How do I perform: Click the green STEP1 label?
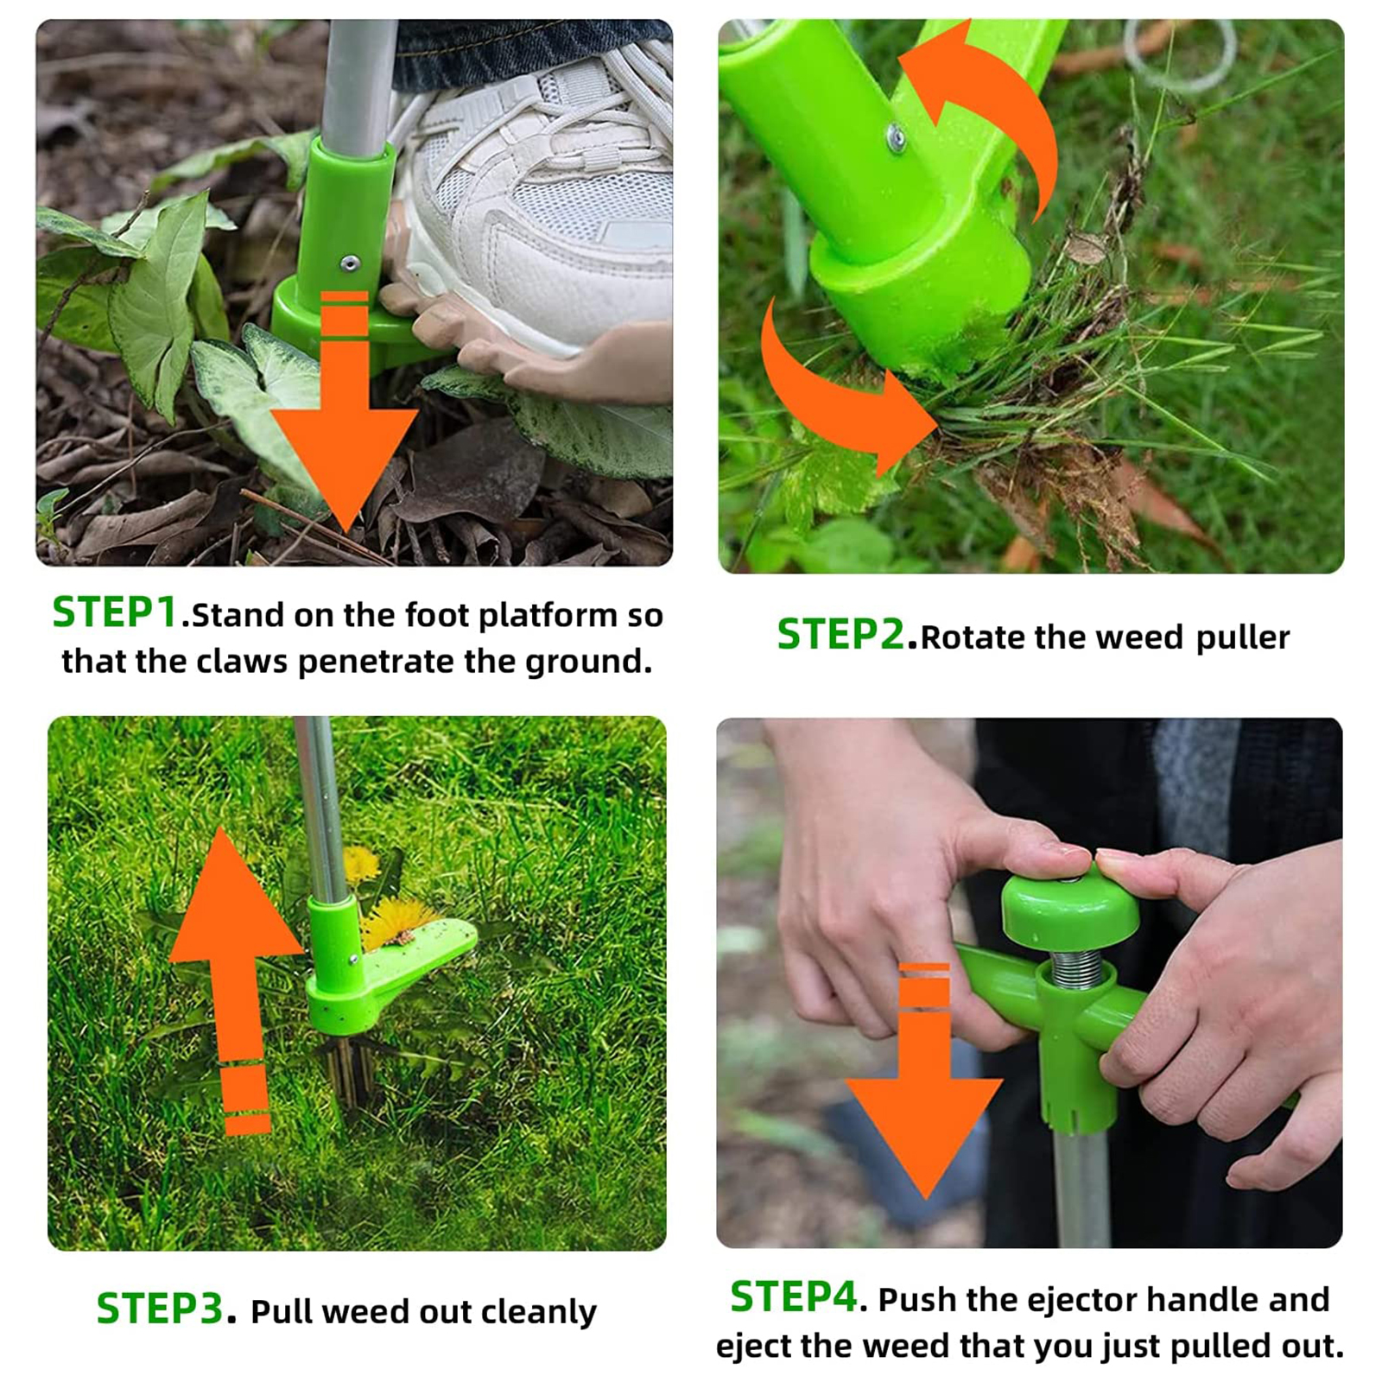point(115,612)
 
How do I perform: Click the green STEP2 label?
point(840,635)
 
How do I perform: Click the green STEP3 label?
point(160,1309)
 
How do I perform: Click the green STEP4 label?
point(793,1296)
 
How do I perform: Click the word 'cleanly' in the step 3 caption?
point(538,1312)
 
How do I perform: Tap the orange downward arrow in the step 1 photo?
point(345,432)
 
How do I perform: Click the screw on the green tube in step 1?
point(349,263)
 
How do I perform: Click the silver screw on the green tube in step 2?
point(897,136)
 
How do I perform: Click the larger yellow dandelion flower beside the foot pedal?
point(397,920)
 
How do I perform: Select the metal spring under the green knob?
point(1076,967)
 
